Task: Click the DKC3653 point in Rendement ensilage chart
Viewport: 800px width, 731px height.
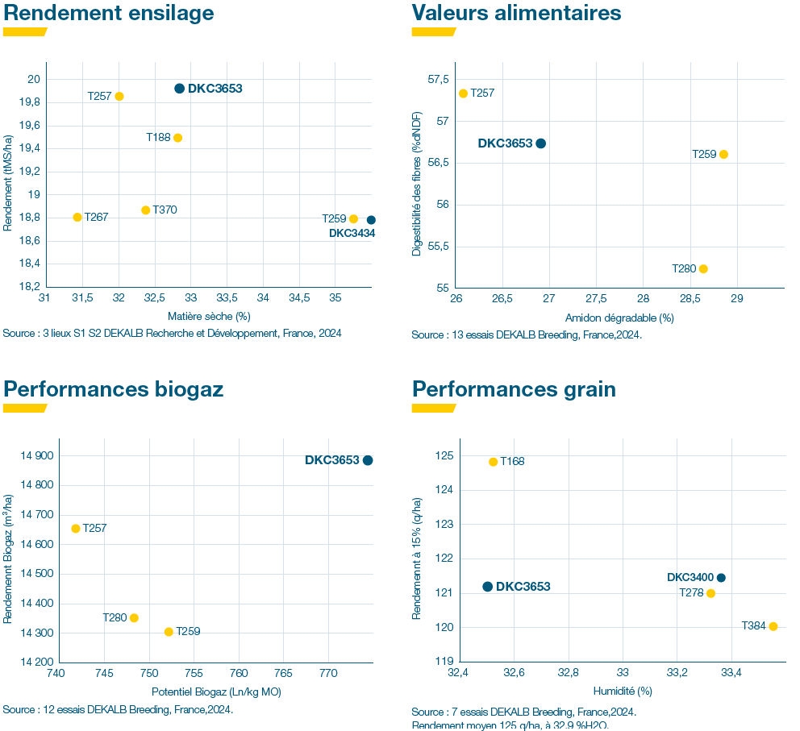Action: [179, 89]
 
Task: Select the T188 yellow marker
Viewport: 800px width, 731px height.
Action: [177, 138]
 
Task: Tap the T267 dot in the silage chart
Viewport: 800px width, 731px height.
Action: [77, 217]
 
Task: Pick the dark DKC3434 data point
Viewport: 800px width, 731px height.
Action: [371, 220]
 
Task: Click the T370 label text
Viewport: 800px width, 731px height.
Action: [165, 210]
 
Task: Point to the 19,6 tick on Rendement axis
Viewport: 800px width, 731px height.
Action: [29, 125]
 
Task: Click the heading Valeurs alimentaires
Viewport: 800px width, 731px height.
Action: [516, 13]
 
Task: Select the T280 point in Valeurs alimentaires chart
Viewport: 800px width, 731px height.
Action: [703, 268]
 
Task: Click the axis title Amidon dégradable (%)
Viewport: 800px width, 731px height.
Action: [619, 318]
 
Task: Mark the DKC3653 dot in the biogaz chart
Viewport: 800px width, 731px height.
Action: [368, 460]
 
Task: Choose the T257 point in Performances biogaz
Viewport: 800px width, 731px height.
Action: [76, 529]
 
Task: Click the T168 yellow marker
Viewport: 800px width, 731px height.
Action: [494, 462]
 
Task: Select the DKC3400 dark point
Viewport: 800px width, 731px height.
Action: [721, 577]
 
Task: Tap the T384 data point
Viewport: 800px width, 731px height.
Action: [773, 626]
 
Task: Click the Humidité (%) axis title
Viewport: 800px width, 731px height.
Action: [623, 691]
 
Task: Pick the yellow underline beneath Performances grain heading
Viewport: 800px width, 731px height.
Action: [434, 408]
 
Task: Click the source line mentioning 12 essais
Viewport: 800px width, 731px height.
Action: [118, 709]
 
